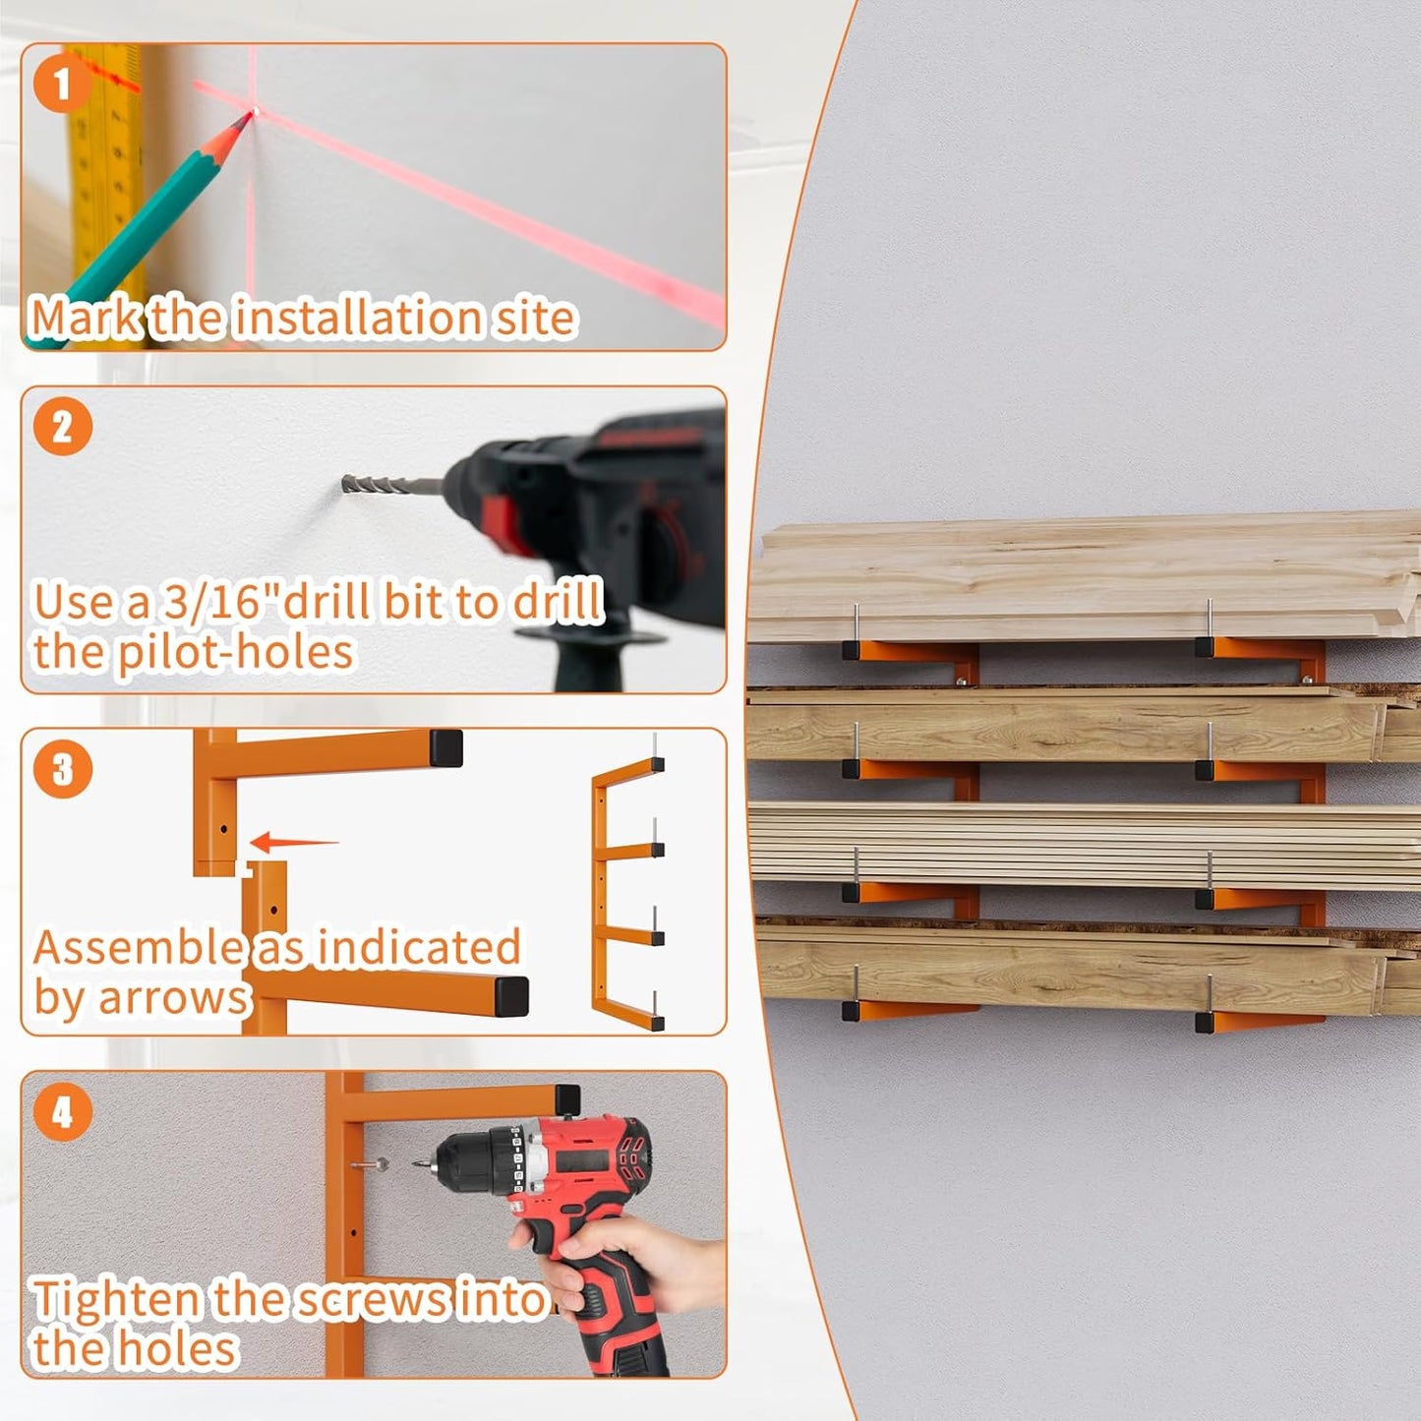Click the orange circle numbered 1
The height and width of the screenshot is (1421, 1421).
(x=62, y=84)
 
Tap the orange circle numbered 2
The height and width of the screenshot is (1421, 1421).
(x=62, y=427)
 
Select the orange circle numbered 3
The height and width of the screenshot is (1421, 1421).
(x=62, y=769)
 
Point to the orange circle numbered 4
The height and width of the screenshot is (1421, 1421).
(x=62, y=1112)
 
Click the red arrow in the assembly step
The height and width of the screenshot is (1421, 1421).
(x=292, y=843)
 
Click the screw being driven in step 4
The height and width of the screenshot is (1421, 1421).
(x=372, y=1165)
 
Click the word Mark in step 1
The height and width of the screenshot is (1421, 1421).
(x=87, y=319)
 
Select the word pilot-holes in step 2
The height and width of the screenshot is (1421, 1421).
(x=235, y=653)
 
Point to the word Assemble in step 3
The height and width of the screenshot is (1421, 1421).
(x=138, y=948)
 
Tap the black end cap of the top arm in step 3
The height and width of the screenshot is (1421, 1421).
(x=445, y=748)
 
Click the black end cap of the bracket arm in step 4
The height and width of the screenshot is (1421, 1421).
(x=567, y=1099)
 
